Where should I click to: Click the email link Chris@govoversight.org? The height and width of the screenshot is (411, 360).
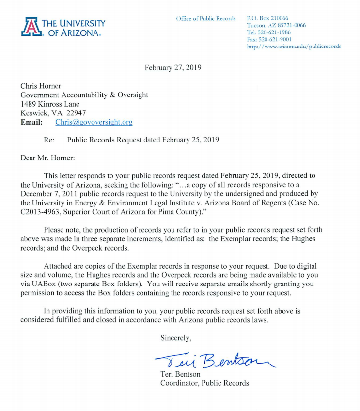coord(94,122)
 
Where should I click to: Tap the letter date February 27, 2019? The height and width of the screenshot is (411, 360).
coord(173,67)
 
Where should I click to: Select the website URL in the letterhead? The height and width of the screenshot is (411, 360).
coord(294,47)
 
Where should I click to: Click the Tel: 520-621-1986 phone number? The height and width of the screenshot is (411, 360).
coord(269,32)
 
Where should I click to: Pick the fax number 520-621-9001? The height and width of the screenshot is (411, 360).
coord(269,39)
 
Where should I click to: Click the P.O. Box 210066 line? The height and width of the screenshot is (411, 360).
coord(267,18)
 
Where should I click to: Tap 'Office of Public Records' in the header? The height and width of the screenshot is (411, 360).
coord(206,18)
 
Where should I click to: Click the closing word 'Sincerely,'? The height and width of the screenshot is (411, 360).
coord(176,338)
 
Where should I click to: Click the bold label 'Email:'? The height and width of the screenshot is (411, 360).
coord(31,122)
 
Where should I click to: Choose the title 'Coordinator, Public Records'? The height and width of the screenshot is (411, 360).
coord(204,383)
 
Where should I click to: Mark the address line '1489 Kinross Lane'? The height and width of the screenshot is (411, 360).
coord(50,104)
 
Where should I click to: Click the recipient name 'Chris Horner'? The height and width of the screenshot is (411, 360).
coord(41,86)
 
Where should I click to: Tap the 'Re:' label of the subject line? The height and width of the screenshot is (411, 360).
coord(49,140)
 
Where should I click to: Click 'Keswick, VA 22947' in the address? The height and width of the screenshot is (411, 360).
coord(53,113)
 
